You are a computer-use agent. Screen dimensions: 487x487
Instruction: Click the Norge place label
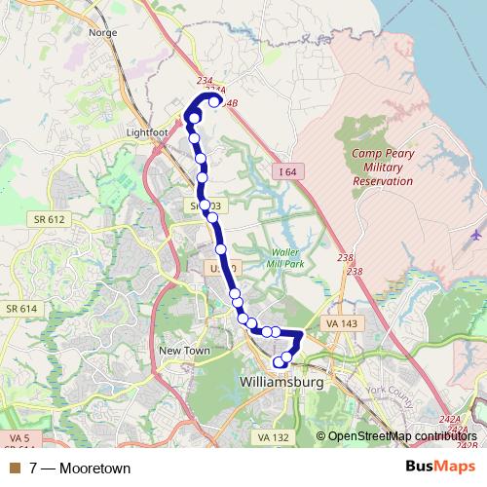tap(102, 32)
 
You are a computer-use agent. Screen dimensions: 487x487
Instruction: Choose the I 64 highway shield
tap(284, 171)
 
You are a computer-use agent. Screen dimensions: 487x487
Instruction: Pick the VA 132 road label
tap(276, 438)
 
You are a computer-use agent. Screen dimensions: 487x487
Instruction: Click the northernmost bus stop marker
tap(214, 101)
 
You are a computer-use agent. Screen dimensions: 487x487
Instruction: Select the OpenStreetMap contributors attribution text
tap(398, 437)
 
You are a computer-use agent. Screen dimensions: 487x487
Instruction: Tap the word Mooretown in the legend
tap(94, 468)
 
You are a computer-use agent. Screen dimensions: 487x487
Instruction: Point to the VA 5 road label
tap(19, 437)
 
